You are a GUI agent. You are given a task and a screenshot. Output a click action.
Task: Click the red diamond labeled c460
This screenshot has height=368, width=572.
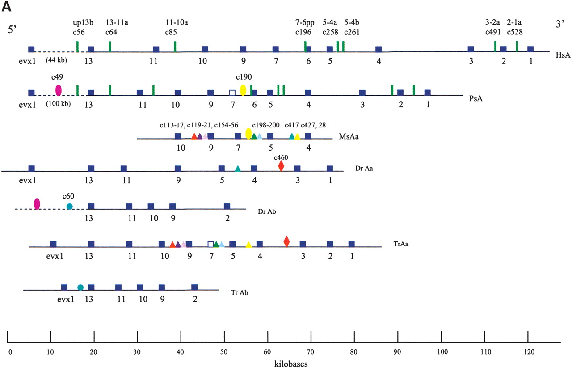click(281, 166)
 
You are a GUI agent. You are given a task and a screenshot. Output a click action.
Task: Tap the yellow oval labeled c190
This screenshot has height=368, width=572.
click(243, 90)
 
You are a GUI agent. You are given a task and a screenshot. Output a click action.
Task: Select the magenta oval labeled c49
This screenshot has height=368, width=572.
click(58, 90)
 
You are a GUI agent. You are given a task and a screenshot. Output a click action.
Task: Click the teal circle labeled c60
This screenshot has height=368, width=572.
click(69, 206)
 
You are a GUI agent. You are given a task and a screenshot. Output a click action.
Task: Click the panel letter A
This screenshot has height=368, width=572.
click(7, 6)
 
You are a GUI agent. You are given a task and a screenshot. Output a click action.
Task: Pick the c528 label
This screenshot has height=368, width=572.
click(515, 32)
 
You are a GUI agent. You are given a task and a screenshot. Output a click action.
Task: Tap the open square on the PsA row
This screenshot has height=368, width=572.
click(232, 93)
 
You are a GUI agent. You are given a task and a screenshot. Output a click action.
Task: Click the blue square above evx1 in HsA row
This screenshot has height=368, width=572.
click(31, 49)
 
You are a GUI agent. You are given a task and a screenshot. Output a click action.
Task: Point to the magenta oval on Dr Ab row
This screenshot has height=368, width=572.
click(37, 204)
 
